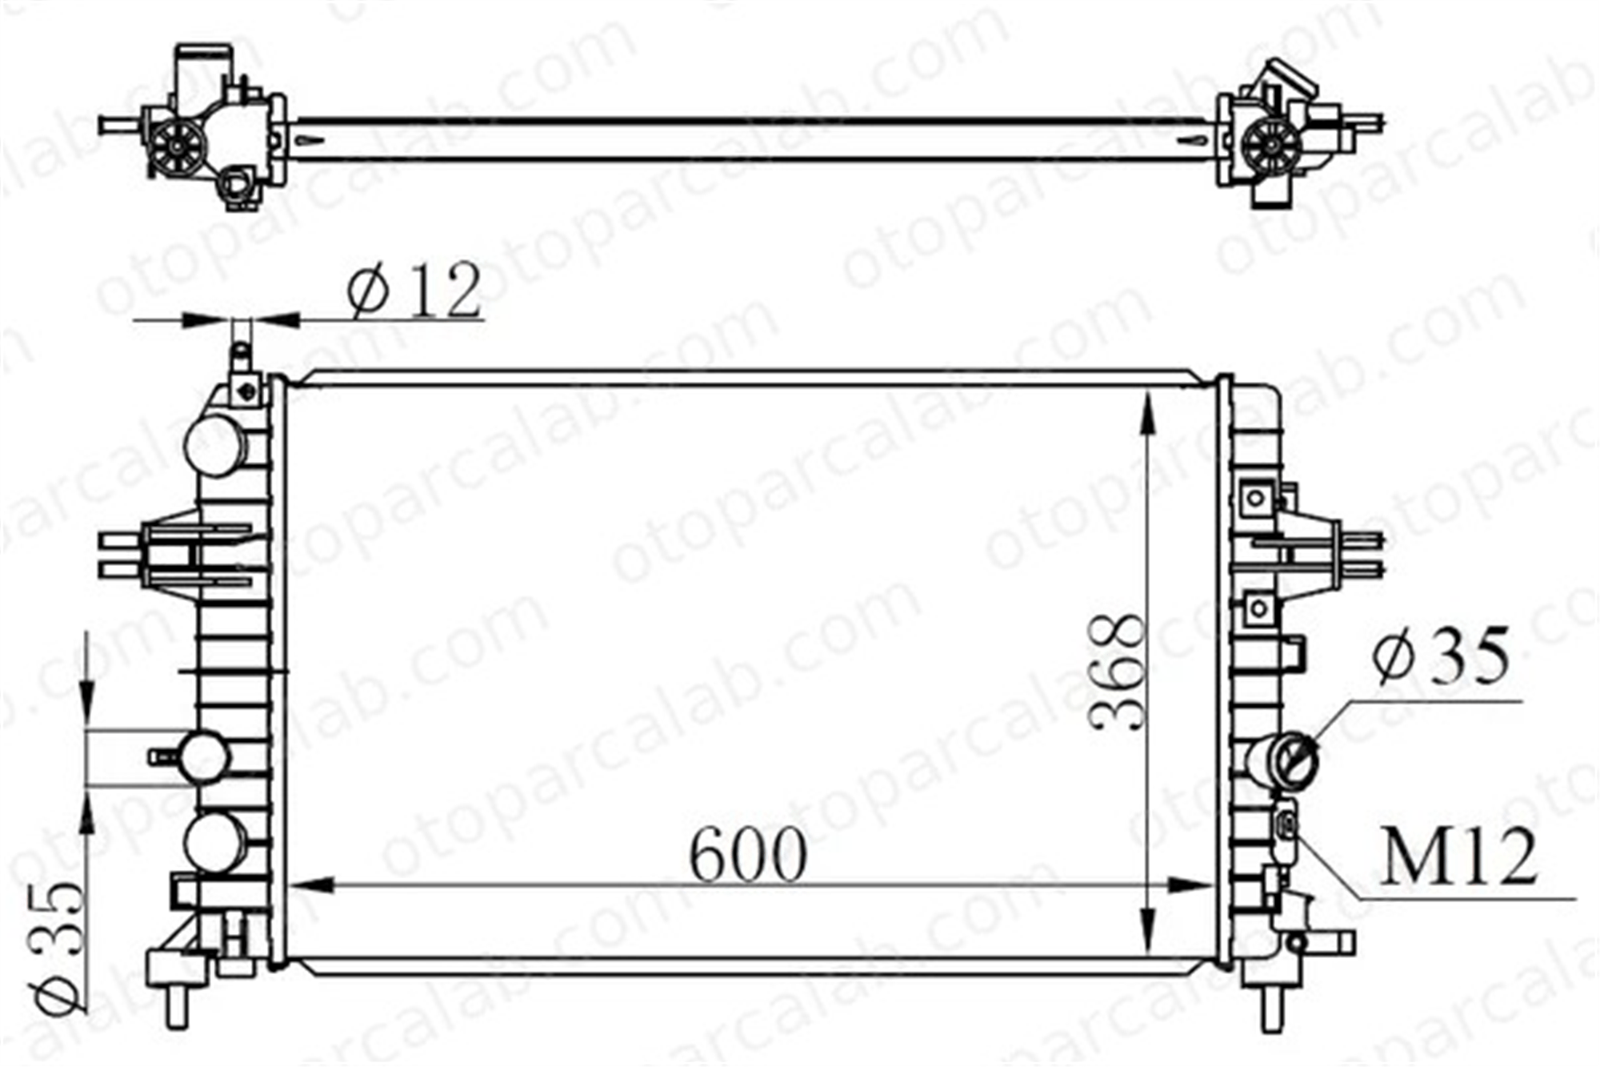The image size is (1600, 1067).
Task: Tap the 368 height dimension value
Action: click(1118, 672)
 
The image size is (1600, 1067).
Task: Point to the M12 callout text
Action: click(1458, 857)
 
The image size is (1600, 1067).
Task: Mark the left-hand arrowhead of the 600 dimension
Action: click(309, 885)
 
